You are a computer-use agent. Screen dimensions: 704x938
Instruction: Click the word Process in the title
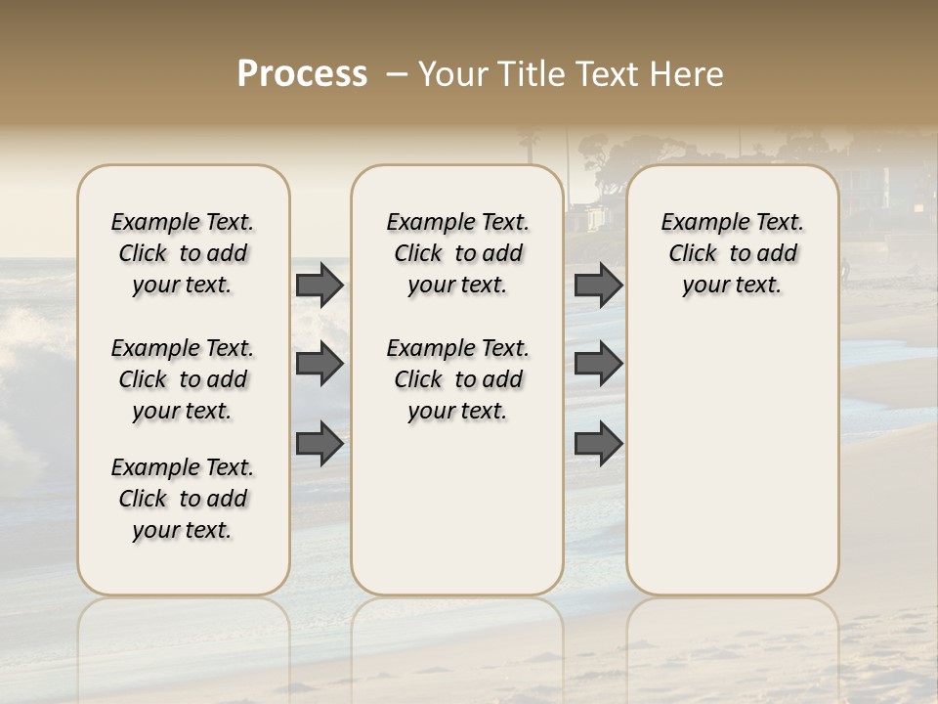302,73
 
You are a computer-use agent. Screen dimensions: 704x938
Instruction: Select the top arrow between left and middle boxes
319,285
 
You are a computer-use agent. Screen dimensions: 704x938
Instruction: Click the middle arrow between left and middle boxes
319,364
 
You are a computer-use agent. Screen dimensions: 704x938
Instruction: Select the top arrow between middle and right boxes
598,285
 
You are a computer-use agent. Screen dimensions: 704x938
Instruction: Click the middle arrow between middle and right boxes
598,364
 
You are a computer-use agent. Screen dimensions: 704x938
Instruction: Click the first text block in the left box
183,253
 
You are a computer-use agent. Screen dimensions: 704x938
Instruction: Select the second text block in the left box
183,379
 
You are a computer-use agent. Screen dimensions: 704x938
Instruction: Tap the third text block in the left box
183,499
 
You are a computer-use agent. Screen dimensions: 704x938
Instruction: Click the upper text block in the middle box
457,253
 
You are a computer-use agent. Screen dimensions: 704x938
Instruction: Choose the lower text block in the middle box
457,379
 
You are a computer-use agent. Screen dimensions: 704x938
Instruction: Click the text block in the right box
732,253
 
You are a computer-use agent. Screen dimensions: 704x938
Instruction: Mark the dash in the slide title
398,73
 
